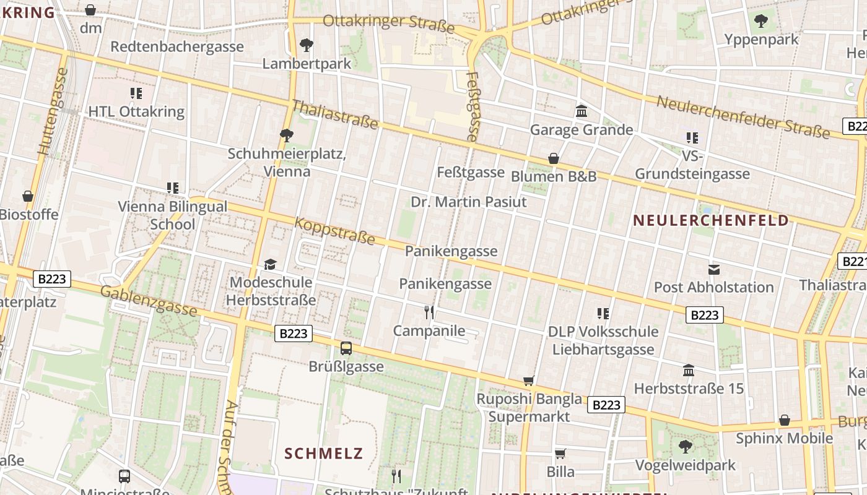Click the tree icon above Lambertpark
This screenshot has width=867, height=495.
click(x=306, y=45)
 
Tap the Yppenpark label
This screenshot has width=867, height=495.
click(x=761, y=40)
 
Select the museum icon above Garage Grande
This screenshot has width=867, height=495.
click(x=582, y=111)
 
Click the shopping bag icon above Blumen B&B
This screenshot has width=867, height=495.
click(x=554, y=158)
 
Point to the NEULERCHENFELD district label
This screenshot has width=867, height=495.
click(x=711, y=220)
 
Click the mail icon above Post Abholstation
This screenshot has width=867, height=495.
click(x=714, y=269)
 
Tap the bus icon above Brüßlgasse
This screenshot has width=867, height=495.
click(x=346, y=348)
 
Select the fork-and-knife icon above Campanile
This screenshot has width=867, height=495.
click(x=429, y=312)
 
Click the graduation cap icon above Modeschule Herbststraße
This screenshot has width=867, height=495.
click(x=270, y=265)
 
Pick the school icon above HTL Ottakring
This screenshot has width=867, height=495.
click(x=136, y=93)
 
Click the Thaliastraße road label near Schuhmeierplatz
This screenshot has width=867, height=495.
click(x=334, y=115)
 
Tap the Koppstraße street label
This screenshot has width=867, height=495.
click(x=334, y=230)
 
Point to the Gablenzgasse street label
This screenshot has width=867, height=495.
click(x=149, y=301)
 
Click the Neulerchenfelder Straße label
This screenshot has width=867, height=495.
click(x=743, y=117)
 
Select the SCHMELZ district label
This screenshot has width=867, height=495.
click(x=323, y=453)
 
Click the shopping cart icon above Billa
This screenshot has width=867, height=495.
click(x=560, y=454)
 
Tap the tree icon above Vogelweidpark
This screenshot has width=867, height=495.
click(x=685, y=446)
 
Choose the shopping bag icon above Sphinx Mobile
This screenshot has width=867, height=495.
click(x=785, y=420)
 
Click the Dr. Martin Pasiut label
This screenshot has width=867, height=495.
click(x=469, y=202)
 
